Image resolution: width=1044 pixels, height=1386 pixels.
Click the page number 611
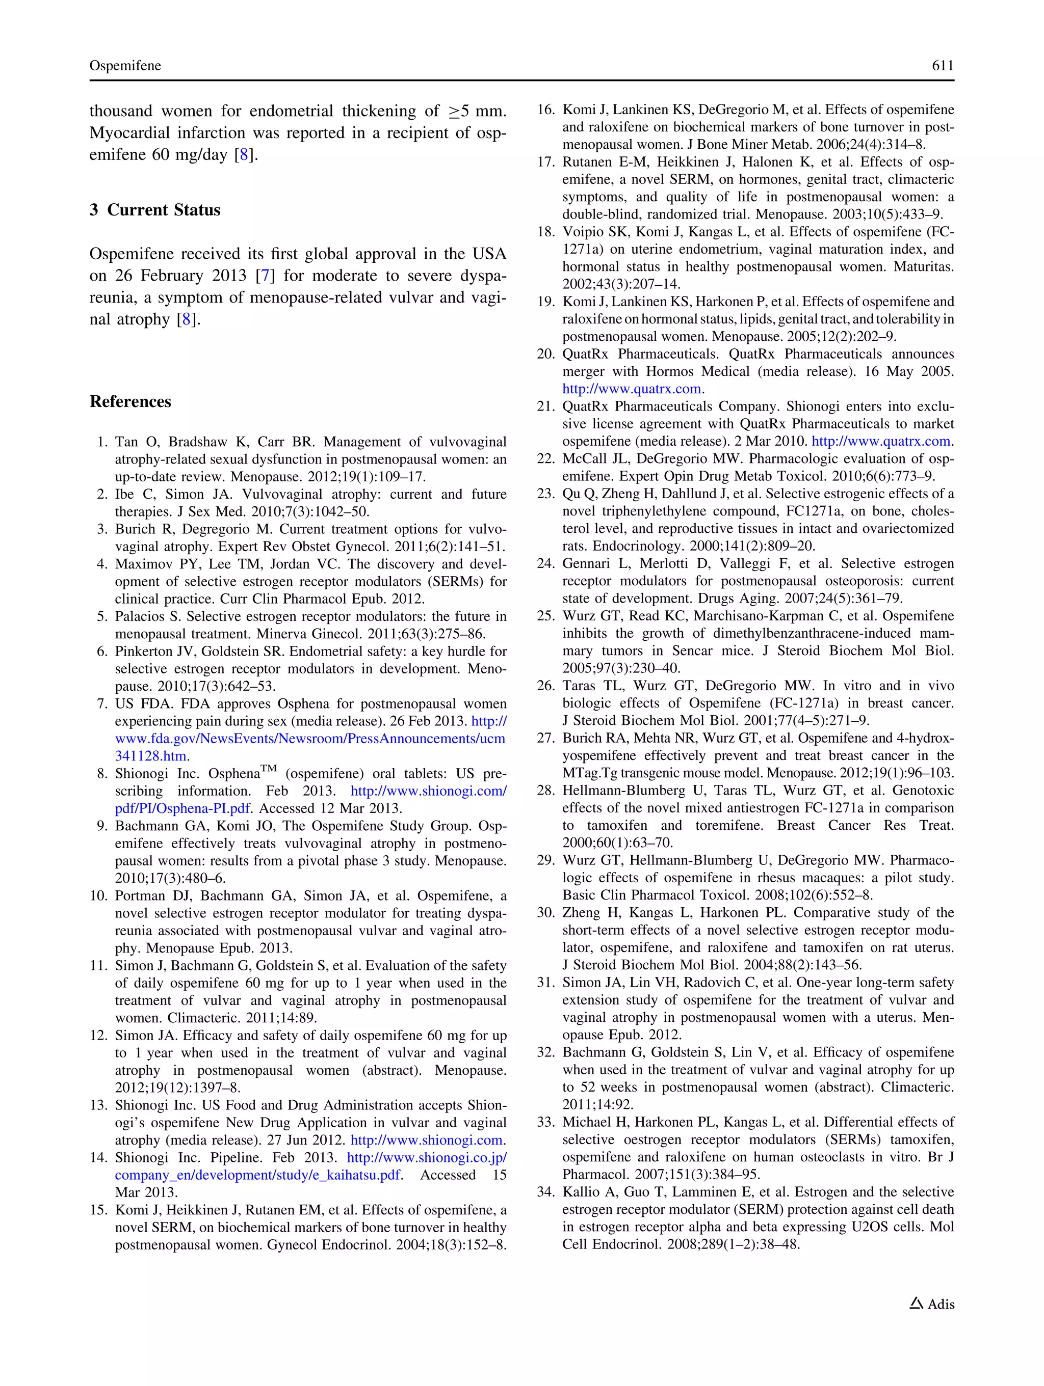[942, 66]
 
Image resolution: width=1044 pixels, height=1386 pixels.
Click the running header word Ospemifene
[125, 66]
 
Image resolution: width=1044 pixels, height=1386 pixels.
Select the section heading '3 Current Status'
[155, 210]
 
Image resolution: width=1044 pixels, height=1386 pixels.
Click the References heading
[130, 401]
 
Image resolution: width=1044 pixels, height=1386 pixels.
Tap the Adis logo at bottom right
[932, 1304]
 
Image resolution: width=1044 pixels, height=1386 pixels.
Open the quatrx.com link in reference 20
[632, 389]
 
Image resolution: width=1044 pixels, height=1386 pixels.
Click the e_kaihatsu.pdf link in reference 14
[257, 1175]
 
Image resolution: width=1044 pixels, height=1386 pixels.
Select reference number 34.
[545, 1192]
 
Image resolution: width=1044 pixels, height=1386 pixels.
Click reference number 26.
[545, 686]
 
